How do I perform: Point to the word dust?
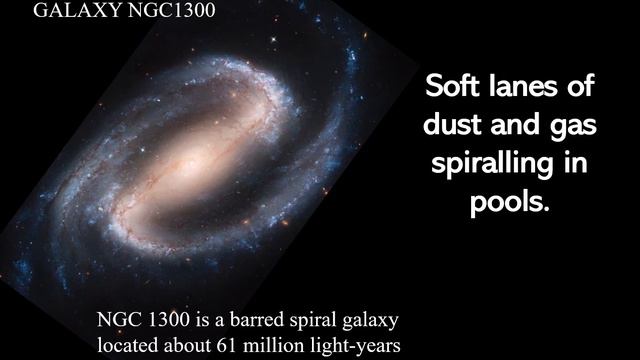tap(455, 127)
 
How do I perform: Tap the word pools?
tap(510, 203)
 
